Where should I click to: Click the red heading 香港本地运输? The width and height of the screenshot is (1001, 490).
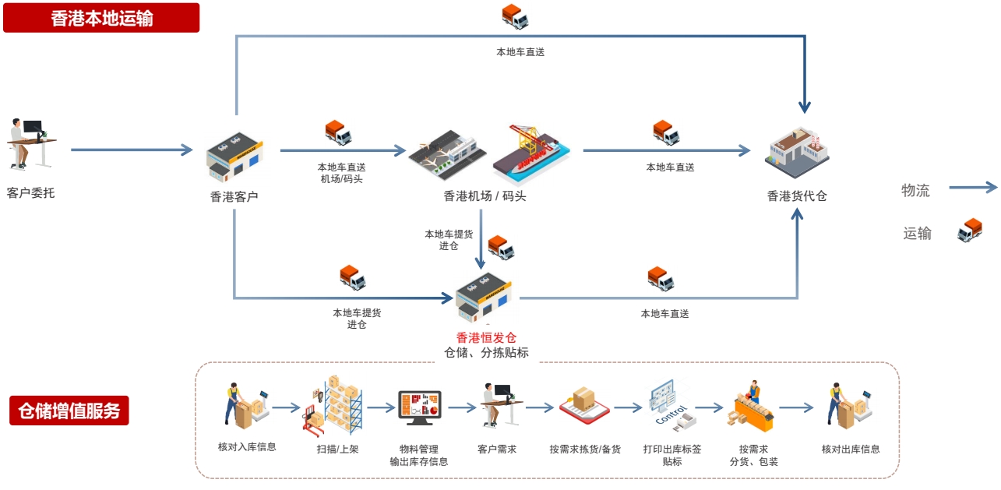[101, 18]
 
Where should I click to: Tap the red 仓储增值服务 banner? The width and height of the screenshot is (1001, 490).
[69, 411]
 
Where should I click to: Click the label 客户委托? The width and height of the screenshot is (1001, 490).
[31, 192]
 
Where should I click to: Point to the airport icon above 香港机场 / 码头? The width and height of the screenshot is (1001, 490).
[447, 154]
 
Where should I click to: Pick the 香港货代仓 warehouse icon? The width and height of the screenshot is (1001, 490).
[796, 152]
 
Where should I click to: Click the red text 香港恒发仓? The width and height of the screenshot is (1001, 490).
[486, 337]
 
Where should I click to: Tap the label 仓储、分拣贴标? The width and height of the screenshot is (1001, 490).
[486, 353]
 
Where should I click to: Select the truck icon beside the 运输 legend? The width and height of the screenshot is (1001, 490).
[969, 231]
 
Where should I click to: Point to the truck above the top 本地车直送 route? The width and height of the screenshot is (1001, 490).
[515, 16]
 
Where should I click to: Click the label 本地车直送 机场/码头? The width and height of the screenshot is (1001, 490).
[341, 173]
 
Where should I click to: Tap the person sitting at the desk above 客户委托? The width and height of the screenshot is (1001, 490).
[30, 143]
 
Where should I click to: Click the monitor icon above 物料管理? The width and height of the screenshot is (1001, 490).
[419, 407]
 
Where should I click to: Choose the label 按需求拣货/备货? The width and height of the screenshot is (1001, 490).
[585, 449]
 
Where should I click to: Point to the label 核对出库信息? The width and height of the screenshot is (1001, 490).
[851, 449]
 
